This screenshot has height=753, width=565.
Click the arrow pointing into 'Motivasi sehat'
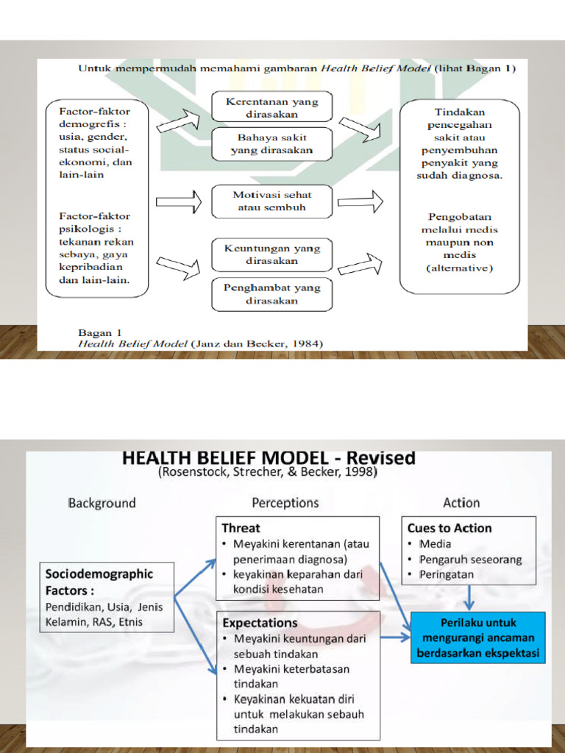pos(179,200)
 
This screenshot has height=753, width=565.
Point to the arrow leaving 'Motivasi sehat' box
pos(360,201)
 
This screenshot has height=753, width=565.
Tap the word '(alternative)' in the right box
pos(460,268)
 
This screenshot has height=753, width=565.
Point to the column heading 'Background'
pos(102,503)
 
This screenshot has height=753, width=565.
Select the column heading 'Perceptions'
pos(285,503)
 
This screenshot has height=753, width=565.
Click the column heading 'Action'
pos(461,503)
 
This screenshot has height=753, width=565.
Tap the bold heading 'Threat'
pos(241,528)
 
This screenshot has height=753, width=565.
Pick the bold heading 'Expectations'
pos(260,623)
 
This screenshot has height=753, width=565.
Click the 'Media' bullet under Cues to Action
pos(436,544)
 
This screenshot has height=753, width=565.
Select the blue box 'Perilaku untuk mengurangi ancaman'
pos(477,638)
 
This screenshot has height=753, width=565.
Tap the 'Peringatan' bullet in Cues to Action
pos(447,574)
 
